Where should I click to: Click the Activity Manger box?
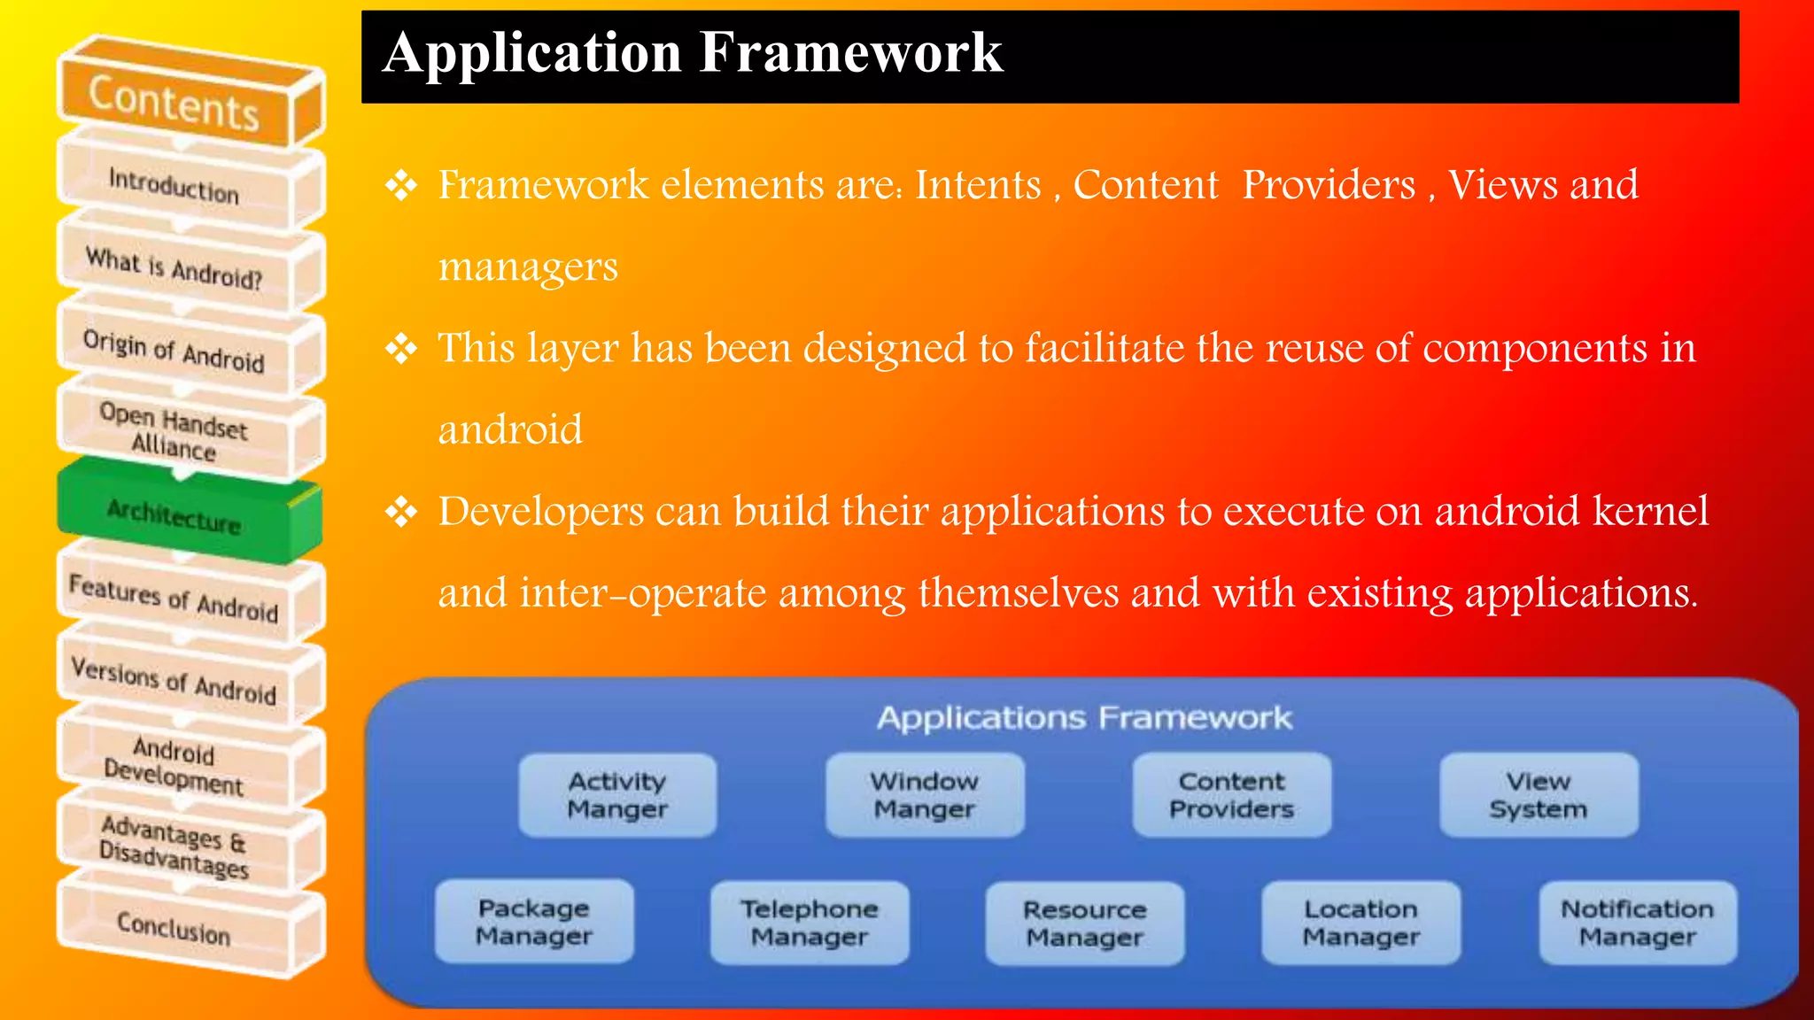click(x=617, y=795)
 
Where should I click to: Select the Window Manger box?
click(x=925, y=795)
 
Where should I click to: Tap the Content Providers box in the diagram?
click(x=1231, y=795)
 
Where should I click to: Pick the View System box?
click(x=1539, y=795)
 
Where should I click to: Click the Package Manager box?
click(x=534, y=922)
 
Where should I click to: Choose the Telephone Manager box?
click(x=810, y=923)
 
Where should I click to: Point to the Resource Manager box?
click(x=1085, y=923)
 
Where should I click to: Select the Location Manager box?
click(x=1361, y=923)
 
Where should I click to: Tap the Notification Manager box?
click(x=1638, y=923)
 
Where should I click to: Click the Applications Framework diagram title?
click(x=1084, y=717)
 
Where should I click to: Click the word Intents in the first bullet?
click(x=978, y=185)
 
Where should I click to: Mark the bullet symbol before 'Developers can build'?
click(x=401, y=512)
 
